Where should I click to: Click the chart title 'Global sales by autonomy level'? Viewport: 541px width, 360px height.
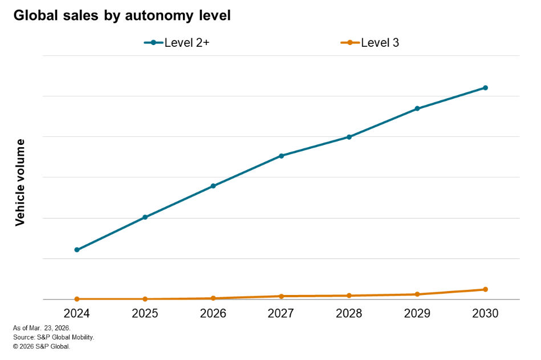(122, 16)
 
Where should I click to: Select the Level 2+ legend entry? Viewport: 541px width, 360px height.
(177, 43)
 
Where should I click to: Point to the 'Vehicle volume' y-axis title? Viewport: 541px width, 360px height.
(21, 182)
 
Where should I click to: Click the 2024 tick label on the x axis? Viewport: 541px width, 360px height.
(77, 314)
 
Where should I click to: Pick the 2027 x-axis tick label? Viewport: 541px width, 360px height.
(281, 314)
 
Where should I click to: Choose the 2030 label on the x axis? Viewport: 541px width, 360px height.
(485, 314)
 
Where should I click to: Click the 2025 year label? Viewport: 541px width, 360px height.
(145, 314)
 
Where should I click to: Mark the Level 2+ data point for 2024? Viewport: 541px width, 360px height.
(77, 250)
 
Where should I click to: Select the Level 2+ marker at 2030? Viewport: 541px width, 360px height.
(485, 88)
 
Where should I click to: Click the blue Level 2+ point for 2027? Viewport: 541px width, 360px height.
(281, 156)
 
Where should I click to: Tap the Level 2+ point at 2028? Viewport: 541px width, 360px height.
(349, 137)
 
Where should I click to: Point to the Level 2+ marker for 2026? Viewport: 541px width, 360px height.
(213, 186)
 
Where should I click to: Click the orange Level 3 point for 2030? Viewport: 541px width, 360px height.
(485, 289)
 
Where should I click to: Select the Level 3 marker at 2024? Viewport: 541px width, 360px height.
(77, 299)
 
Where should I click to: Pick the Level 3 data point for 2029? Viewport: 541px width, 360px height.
(417, 294)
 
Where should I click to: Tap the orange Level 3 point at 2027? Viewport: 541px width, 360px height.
(281, 296)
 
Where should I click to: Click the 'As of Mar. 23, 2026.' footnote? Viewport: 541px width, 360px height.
(42, 328)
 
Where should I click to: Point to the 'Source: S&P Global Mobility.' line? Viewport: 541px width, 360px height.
(53, 337)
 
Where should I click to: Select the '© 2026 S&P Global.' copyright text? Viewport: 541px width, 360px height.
(41, 346)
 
